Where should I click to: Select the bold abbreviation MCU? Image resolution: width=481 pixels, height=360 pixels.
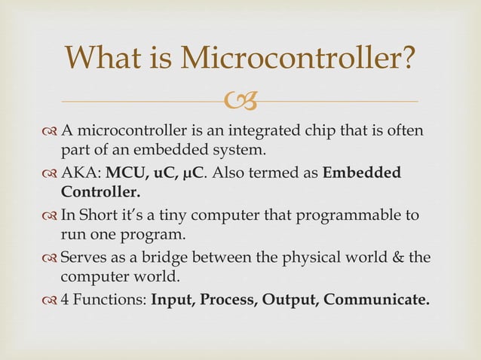(x=125, y=172)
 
